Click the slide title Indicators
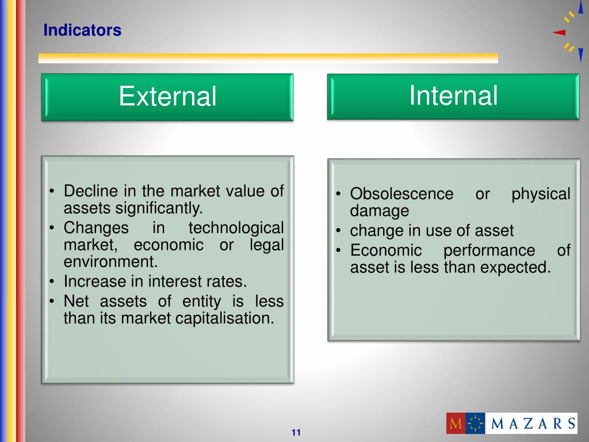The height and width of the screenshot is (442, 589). (x=82, y=30)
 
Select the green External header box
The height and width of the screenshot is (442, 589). (x=167, y=97)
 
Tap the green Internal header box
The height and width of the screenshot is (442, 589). (x=453, y=96)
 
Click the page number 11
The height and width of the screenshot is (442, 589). (x=296, y=433)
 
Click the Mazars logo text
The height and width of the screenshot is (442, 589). (x=533, y=424)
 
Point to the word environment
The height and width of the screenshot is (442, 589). (x=110, y=262)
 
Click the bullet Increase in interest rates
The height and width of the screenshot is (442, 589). (x=155, y=281)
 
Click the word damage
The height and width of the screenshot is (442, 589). (x=380, y=211)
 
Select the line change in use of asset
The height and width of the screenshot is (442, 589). (x=431, y=231)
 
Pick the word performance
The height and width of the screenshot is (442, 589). (x=489, y=250)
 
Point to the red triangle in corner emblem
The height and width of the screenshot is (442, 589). (x=559, y=33)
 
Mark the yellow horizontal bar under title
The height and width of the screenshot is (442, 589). (x=268, y=58)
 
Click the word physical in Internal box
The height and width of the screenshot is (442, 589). (x=541, y=194)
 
